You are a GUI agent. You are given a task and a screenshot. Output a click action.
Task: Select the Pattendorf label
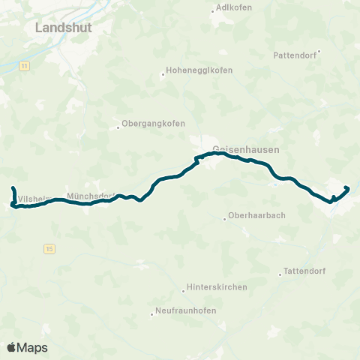pos(295,55)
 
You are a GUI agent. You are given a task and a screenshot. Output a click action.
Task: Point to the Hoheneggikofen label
pos(200,70)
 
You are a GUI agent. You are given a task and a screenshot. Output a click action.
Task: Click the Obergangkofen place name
pos(153,124)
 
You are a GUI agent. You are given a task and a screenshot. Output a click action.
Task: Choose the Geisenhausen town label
pos(246,149)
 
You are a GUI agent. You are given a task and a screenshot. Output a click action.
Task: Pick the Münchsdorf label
pos(90,196)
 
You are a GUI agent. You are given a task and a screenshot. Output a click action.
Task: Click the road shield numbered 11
pos(25,66)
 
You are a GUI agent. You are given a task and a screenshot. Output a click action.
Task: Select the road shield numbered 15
pos(49,247)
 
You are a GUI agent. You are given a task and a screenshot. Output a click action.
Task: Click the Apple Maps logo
pos(27,347)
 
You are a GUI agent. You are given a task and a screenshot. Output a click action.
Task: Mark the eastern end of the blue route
pos(346,187)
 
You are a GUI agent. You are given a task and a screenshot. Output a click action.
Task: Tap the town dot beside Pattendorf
pos(319,52)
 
